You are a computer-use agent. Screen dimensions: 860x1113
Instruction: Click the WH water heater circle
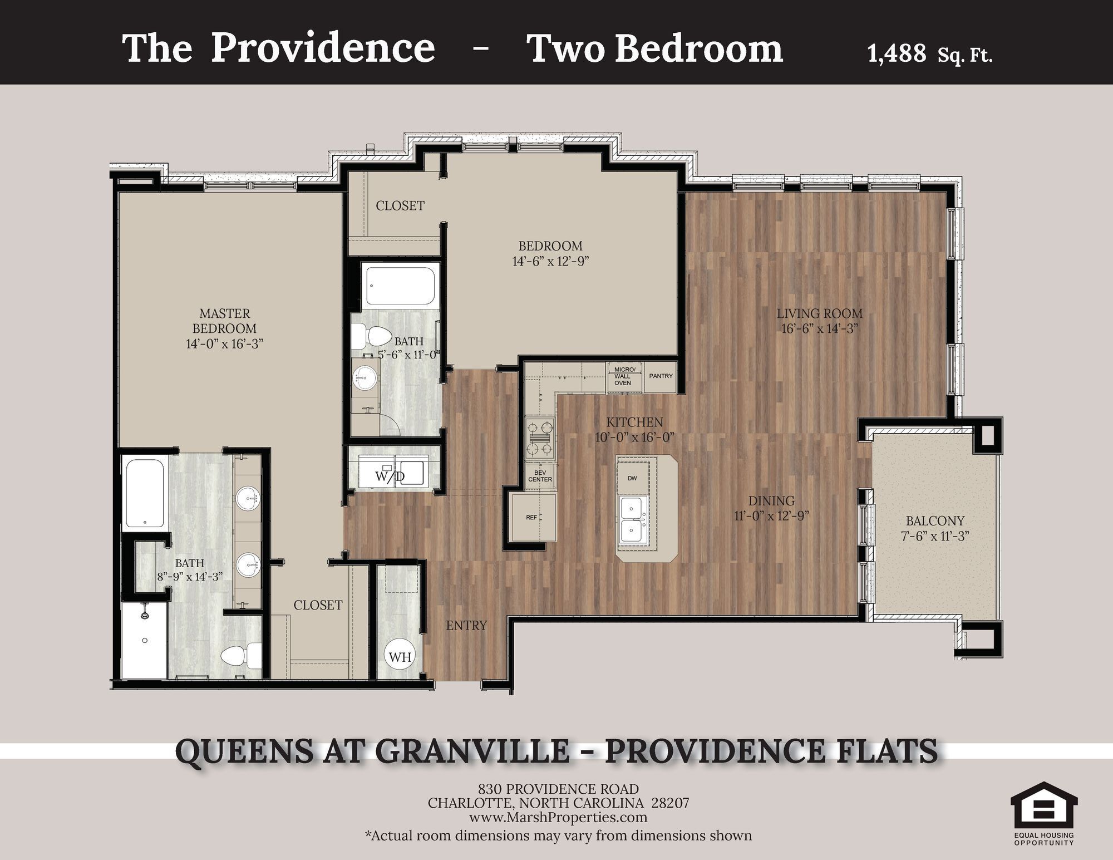point(400,657)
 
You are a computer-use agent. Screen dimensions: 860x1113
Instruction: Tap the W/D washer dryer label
point(390,476)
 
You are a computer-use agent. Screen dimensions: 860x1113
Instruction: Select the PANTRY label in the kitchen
point(661,376)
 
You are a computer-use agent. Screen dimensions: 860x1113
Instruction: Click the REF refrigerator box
point(533,518)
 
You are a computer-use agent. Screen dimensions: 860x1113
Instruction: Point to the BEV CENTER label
point(540,476)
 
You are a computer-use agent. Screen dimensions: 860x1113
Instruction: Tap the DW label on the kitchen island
point(632,478)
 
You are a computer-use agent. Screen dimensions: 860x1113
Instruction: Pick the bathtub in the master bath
point(145,492)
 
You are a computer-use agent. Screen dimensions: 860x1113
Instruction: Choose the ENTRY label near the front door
point(466,626)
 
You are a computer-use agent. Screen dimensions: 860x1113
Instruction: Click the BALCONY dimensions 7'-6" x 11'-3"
point(935,537)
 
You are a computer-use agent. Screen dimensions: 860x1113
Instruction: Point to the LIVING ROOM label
point(819,313)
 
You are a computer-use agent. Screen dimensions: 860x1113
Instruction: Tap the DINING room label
point(771,501)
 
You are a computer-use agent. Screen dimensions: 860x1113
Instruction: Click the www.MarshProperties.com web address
point(558,817)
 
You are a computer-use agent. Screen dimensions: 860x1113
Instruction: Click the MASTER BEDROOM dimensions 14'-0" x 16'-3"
point(224,343)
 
